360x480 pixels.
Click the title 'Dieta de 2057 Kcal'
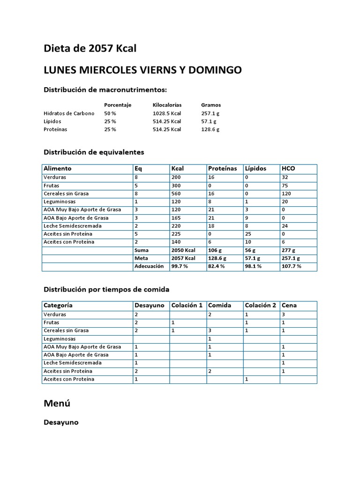click(90, 48)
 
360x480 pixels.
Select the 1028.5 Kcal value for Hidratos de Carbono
click(167, 113)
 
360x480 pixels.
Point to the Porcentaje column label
click(118, 105)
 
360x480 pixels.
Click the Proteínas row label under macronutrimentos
click(55, 129)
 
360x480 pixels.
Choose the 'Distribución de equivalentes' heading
click(94, 152)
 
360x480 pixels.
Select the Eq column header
click(138, 168)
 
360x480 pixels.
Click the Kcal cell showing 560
click(177, 194)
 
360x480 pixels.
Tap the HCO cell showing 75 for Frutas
click(285, 186)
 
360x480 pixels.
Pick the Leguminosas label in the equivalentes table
click(60, 202)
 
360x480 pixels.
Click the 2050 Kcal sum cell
click(184, 250)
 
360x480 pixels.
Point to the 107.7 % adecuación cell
click(292, 266)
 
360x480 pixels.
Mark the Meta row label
click(141, 258)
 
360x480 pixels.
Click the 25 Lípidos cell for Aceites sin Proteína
click(248, 234)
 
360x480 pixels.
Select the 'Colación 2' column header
click(260, 305)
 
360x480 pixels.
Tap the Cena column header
click(289, 305)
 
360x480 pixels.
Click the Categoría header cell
click(58, 305)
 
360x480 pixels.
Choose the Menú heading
click(57, 403)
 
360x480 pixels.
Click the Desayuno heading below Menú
click(61, 422)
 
